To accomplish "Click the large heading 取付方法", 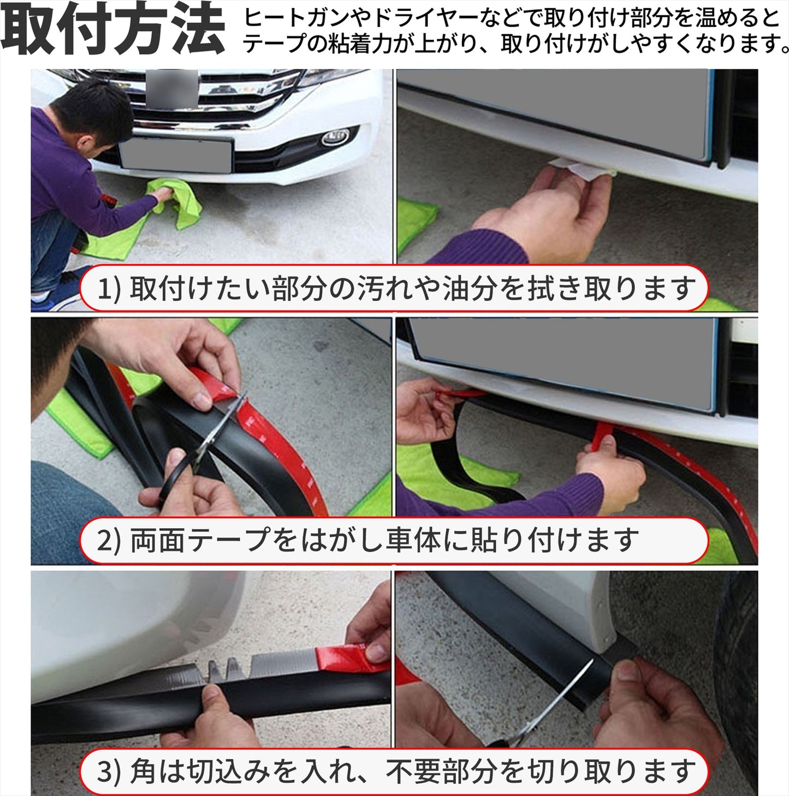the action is point(112,31).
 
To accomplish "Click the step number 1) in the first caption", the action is point(109,289).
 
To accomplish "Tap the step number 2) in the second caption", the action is point(109,540).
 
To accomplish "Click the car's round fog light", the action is point(335,137).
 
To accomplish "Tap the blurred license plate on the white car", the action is point(176,153).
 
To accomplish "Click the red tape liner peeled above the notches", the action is point(352,657).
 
